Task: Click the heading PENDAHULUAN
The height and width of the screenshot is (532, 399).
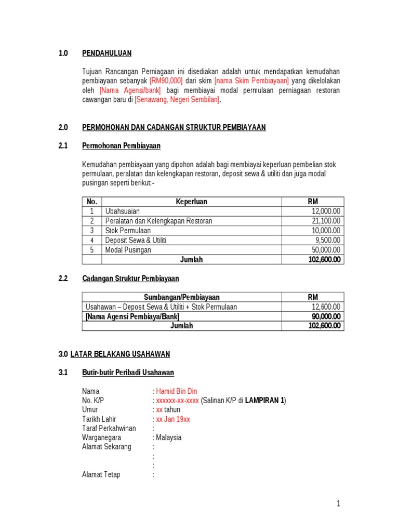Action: (107, 53)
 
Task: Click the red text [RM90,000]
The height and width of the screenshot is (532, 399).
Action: (166, 81)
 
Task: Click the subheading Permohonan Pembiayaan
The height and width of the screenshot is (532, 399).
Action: (121, 146)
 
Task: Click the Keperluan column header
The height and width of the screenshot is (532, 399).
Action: (191, 202)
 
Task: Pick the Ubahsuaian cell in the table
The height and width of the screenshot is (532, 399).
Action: (123, 211)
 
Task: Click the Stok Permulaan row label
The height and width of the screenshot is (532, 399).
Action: (128, 231)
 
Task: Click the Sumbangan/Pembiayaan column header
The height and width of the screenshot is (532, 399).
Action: (181, 297)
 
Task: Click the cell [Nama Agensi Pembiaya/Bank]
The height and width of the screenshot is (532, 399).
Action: (132, 316)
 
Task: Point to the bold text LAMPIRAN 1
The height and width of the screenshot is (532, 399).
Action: (264, 400)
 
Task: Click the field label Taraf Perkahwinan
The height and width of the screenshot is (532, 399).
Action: (109, 428)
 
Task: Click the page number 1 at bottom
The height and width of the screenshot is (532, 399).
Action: (338, 503)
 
